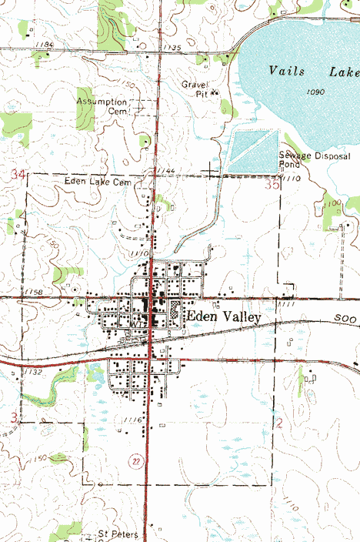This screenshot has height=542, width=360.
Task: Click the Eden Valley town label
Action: click(224, 317)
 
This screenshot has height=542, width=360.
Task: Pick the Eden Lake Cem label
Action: click(98, 182)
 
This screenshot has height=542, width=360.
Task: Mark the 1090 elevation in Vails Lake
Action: click(312, 92)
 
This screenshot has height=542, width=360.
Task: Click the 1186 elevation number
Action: click(45, 45)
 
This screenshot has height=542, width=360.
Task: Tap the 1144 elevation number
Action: click(165, 169)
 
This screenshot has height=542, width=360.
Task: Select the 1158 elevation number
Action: click(33, 293)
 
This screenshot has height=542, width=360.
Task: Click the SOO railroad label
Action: click(345, 318)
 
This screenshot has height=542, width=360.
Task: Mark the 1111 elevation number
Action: click(287, 306)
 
